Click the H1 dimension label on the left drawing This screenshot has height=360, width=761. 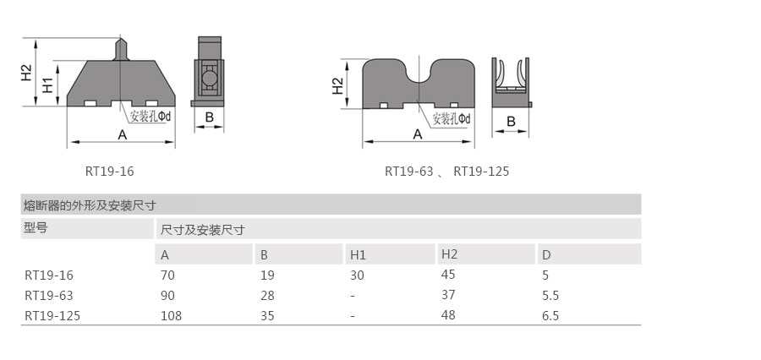click(x=48, y=85)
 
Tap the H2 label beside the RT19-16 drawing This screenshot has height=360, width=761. click(x=26, y=73)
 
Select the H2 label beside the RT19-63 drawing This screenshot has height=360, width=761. click(x=337, y=85)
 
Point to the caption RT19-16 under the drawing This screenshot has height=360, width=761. click(x=110, y=172)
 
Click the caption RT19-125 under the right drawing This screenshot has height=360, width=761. click(x=481, y=172)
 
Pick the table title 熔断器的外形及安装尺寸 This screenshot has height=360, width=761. click(x=90, y=205)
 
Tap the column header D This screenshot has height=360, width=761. click(x=547, y=254)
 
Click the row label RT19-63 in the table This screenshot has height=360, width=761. click(x=49, y=296)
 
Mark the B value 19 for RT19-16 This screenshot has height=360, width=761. click(x=266, y=275)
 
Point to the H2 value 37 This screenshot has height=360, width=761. click(x=448, y=296)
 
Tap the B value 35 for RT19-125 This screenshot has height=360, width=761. click(x=267, y=316)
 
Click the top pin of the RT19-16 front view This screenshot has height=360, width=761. click(x=122, y=47)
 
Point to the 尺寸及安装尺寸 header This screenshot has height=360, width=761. click(x=202, y=229)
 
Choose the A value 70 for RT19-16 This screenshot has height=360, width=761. click(x=167, y=275)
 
